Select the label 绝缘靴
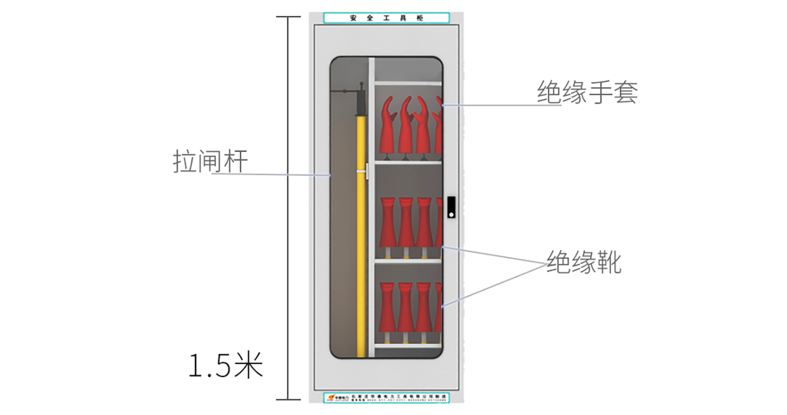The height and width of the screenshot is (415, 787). (x=583, y=262)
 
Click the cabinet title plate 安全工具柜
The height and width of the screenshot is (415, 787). (x=386, y=18)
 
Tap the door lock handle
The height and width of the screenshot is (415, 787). (x=451, y=207)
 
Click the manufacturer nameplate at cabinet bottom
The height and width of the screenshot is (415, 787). (x=386, y=397)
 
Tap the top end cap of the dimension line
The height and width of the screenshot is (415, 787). (x=288, y=17)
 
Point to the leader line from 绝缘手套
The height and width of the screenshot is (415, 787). (x=501, y=105)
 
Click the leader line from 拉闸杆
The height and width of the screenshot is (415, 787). (x=273, y=174)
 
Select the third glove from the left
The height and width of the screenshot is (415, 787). (x=423, y=126)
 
